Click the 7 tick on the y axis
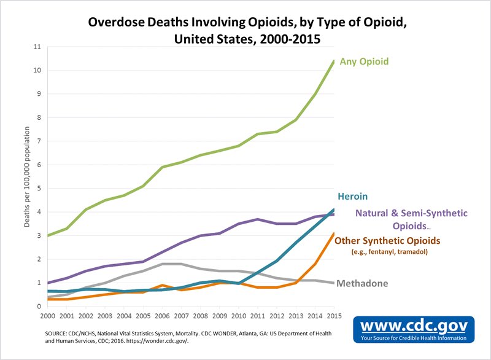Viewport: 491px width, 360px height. [x=38, y=141]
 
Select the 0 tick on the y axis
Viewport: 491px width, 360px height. [x=38, y=307]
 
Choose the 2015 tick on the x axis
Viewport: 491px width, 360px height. [x=334, y=316]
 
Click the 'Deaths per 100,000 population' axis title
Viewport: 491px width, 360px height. [x=28, y=177]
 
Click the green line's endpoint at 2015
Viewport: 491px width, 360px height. [x=334, y=61]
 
